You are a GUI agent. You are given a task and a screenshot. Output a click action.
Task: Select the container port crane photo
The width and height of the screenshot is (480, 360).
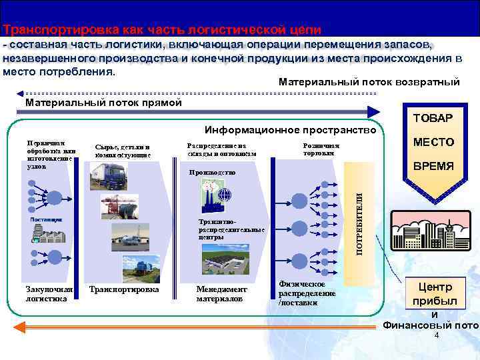[120, 207]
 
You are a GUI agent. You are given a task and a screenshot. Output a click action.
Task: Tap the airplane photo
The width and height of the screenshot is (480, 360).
[131, 237]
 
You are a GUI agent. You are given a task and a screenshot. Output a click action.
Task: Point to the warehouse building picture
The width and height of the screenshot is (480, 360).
[225, 258]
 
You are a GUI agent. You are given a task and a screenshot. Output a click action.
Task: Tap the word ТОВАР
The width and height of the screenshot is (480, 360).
[432, 118]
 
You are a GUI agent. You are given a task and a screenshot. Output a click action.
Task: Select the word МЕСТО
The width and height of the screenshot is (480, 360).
[433, 142]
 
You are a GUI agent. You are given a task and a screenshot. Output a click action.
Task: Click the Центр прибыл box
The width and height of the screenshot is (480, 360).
[434, 294]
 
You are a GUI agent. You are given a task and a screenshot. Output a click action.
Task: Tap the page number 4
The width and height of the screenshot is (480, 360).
[436, 336]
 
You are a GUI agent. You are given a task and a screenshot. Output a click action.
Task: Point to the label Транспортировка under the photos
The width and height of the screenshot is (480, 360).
[124, 290]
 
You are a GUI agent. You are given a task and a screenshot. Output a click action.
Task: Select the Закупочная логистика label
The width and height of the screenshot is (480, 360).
[49, 294]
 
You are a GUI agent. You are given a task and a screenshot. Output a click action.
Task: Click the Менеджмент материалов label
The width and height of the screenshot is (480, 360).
[221, 294]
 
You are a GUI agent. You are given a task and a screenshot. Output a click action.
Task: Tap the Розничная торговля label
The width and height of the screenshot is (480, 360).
[321, 149]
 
